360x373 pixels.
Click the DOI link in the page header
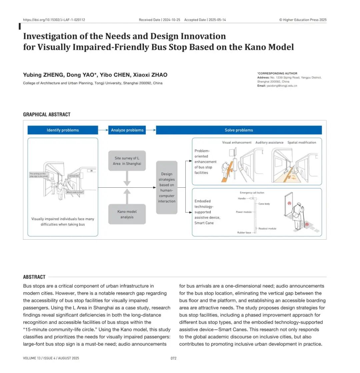[x=54, y=20]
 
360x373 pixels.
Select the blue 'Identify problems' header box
[x=63, y=130]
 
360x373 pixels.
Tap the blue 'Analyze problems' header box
[x=127, y=130]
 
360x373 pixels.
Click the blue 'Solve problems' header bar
[x=239, y=130]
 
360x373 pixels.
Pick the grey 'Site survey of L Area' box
[x=127, y=161]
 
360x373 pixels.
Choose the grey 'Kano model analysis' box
[x=127, y=214]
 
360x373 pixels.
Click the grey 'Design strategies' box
[x=167, y=187]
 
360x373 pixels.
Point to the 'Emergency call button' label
[x=252, y=193]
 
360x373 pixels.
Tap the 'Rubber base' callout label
[x=244, y=232]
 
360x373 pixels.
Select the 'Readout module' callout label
[x=267, y=229]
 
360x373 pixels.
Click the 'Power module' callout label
[x=244, y=212]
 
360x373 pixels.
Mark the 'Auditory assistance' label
[x=269, y=142]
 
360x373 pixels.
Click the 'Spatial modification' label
[x=302, y=142]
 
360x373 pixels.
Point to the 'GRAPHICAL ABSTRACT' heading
[x=47, y=114]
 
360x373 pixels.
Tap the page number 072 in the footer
[x=173, y=358]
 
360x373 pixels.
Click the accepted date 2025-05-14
[x=217, y=20]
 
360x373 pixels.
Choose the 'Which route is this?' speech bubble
[x=75, y=192]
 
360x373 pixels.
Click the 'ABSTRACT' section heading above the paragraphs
[x=34, y=277]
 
